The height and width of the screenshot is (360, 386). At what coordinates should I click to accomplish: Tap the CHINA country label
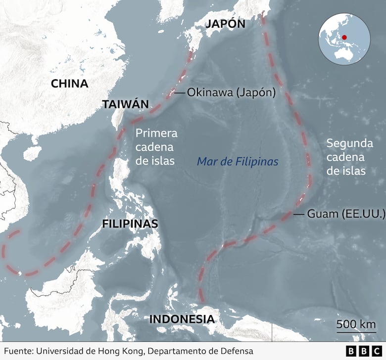tap(69, 84)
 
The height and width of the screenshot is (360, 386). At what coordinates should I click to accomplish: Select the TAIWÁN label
tap(125, 104)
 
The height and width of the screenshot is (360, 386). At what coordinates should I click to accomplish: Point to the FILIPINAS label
tap(130, 224)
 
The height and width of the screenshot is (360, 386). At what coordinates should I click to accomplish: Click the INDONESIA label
tap(182, 319)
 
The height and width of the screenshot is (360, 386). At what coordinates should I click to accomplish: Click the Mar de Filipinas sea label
tap(238, 162)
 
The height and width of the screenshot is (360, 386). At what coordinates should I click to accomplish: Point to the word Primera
tap(156, 133)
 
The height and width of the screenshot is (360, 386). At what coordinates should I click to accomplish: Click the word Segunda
tap(349, 143)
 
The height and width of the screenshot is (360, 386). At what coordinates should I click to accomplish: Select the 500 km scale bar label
tap(356, 324)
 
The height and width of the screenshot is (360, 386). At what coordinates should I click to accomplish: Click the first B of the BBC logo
tap(351, 351)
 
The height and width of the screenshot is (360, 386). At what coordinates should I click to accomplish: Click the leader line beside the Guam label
tap(298, 214)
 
